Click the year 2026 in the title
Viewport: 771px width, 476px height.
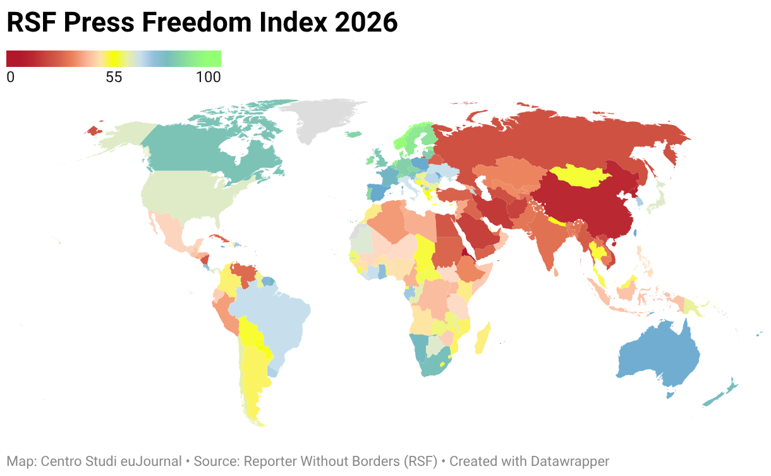pyautogui.click(x=365, y=22)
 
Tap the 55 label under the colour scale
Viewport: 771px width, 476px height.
pyautogui.click(x=114, y=77)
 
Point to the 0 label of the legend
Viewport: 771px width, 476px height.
pyautogui.click(x=10, y=77)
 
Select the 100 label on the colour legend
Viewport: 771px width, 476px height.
pyautogui.click(x=209, y=77)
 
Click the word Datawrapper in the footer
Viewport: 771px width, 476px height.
pyautogui.click(x=569, y=461)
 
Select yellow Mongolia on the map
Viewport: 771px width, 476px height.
pyautogui.click(x=580, y=176)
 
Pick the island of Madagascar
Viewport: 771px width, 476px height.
pyautogui.click(x=483, y=339)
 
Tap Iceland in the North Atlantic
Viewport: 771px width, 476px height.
pyautogui.click(x=353, y=134)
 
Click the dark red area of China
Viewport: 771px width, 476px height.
pyautogui.click(x=585, y=206)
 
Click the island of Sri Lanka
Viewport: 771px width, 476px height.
pyautogui.click(x=556, y=272)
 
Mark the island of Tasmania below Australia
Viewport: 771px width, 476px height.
pyautogui.click(x=670, y=394)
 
